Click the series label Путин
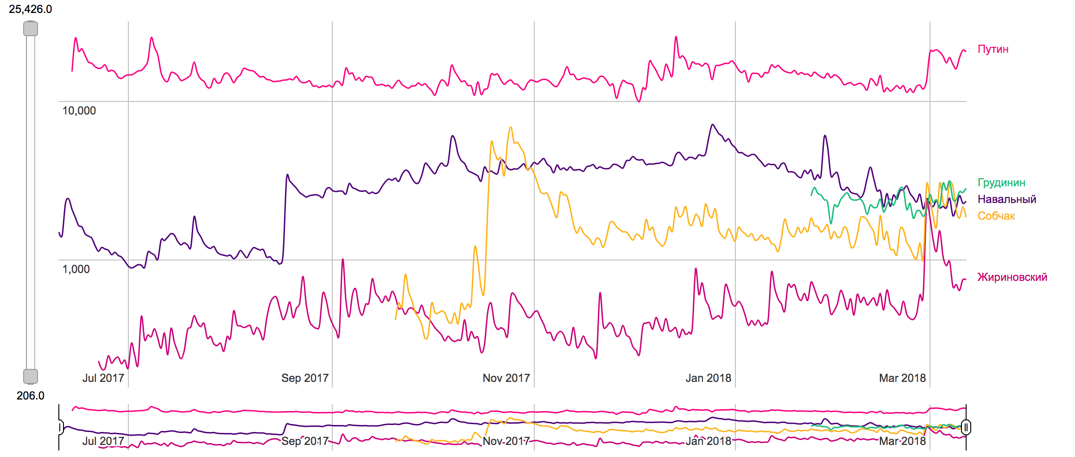993,49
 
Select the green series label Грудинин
1001,183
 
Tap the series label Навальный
1006,199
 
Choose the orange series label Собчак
996,216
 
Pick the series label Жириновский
1012,277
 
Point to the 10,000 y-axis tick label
79,111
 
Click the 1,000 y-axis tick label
76,269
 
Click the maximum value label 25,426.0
31,9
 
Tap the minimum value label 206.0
31,395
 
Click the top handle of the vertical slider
31,29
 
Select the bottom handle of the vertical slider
31,376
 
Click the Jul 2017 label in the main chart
103,378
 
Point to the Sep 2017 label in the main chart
304,378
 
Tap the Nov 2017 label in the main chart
506,378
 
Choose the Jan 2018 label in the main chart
708,378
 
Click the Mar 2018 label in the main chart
902,378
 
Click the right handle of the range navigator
966,427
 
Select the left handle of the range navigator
60,427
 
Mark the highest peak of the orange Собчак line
511,127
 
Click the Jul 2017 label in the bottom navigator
103,441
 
